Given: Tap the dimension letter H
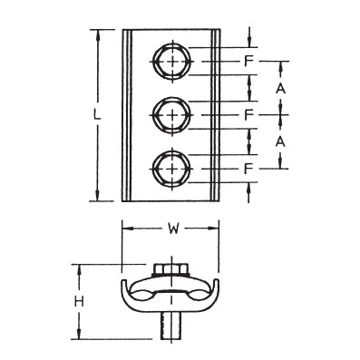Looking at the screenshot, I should (79, 301).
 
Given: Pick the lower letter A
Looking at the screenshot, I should (282, 142).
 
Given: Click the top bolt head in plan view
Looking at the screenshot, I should (170, 62).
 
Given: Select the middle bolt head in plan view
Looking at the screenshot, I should (170, 114).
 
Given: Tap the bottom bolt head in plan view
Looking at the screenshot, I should (170, 168).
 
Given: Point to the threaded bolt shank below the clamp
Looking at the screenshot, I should (170, 325).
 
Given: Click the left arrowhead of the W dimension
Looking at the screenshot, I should (125, 229).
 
